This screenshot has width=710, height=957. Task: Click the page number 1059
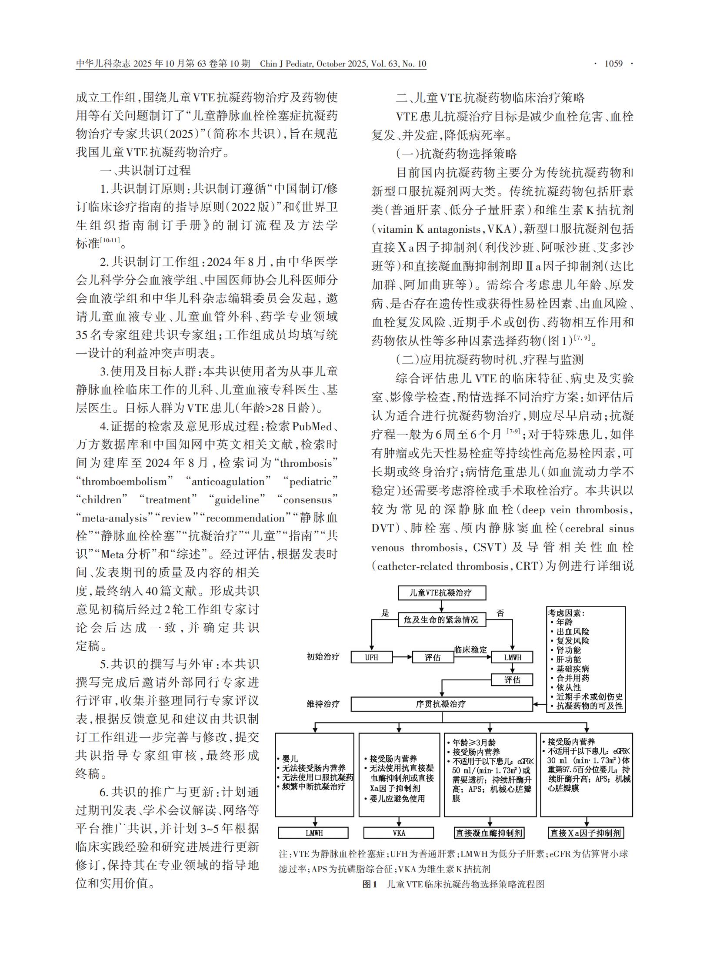click(x=613, y=64)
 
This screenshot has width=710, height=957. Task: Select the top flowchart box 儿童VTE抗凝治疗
click(x=442, y=592)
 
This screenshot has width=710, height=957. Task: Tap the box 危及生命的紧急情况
click(x=442, y=620)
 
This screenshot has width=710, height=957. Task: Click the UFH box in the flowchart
click(x=371, y=657)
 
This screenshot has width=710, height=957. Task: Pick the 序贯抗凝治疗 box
click(x=442, y=704)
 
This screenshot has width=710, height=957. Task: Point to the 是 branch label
click(x=385, y=613)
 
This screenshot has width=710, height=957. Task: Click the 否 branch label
click(x=500, y=613)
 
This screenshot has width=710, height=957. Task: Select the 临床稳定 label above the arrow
click(x=471, y=649)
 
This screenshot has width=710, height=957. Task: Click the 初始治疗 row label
click(x=323, y=657)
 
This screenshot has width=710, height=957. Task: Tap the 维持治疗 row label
click(x=323, y=704)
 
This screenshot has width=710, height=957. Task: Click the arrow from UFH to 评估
click(x=402, y=657)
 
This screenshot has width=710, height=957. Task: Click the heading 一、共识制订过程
click(x=145, y=170)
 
